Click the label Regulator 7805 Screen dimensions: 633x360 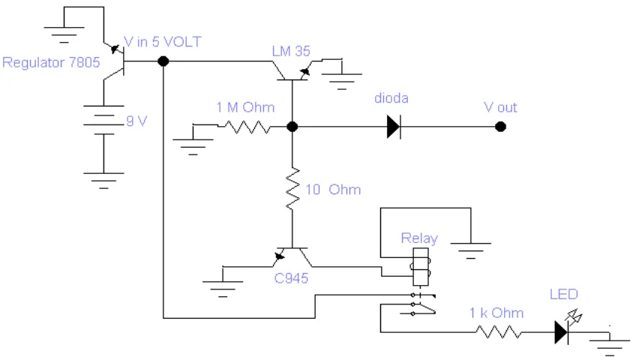[51, 63]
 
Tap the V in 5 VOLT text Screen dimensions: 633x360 [162, 41]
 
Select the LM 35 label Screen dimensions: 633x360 [291, 51]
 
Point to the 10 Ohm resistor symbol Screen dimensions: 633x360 [292, 189]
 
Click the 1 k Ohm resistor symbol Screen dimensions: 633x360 [499, 332]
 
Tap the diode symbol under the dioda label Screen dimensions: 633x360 [394, 127]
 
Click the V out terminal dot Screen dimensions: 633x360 [500, 127]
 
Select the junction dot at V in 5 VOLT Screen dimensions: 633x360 [163, 61]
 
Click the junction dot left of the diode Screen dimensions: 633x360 [292, 127]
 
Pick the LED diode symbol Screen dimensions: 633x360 [562, 332]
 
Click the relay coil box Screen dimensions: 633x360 [421, 267]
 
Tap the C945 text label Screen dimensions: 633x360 [291, 278]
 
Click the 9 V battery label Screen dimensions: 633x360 [136, 121]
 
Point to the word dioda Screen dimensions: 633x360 [391, 98]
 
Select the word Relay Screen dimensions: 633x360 [419, 238]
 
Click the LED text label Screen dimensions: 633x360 [563, 294]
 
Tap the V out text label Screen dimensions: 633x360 [500, 107]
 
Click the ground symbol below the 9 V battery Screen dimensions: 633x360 [103, 181]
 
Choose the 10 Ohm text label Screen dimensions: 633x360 [333, 189]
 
